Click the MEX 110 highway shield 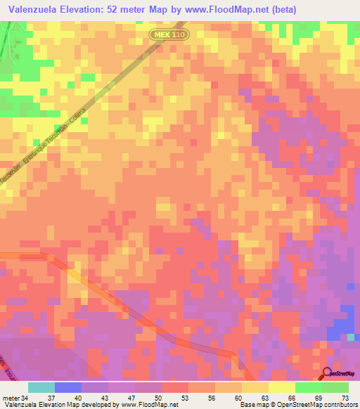[x=169, y=34]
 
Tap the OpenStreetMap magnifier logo [x=328, y=374]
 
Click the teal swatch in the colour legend [x=41, y=387]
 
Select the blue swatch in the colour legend [x=67, y=387]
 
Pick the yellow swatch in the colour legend [x=281, y=387]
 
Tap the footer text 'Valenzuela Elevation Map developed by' [x=59, y=405]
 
